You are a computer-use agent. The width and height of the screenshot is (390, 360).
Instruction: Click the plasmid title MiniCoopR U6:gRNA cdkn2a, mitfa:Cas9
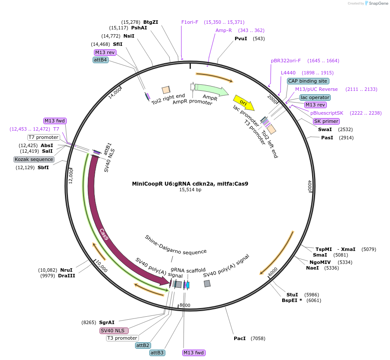tap(190, 183)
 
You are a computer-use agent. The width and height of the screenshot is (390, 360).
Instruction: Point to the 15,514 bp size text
tap(190, 190)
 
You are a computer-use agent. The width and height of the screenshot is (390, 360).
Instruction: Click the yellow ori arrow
tap(244, 103)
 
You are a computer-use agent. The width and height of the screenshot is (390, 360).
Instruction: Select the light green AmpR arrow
tap(211, 90)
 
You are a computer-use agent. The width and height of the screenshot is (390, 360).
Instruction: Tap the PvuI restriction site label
tap(241, 39)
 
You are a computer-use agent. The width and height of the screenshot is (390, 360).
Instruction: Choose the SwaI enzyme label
tap(325, 129)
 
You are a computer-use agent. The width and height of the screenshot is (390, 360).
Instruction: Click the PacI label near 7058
tap(239, 338)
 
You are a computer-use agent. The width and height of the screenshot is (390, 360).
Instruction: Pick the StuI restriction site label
tap(292, 294)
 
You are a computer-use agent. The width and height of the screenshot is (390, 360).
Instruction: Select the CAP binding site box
tap(308, 81)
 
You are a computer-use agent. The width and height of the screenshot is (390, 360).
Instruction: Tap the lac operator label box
tap(315, 97)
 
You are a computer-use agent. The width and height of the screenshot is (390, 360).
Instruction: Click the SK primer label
tap(326, 121)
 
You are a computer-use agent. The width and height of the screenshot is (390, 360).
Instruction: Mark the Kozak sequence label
tap(34, 159)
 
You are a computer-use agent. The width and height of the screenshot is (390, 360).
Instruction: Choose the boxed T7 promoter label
tap(43, 137)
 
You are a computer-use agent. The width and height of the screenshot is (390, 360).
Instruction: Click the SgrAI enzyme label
tap(106, 322)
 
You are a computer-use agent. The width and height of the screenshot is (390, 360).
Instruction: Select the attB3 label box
tap(157, 353)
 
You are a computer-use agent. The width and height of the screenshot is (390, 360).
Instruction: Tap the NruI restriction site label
tap(66, 270)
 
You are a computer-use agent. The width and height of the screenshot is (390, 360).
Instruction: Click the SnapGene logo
tap(375, 3)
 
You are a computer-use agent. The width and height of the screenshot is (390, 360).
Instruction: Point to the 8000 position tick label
tap(185, 305)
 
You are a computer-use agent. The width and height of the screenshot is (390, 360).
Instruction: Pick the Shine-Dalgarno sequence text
tap(176, 245)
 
